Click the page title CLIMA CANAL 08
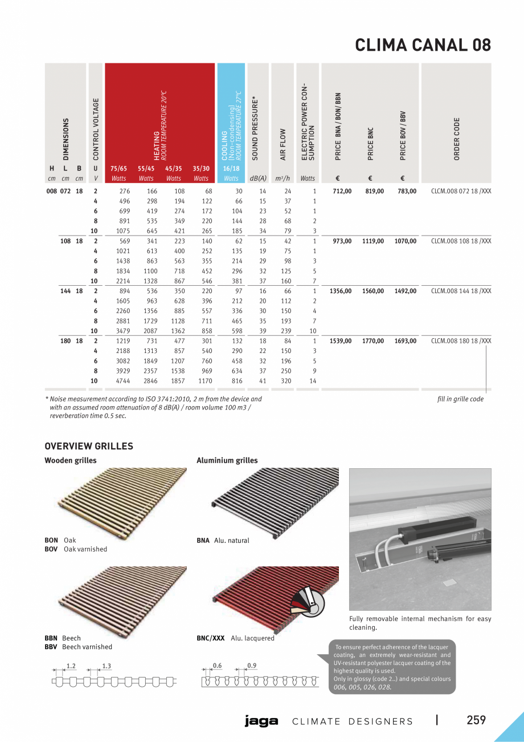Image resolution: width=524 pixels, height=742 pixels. pos(423,45)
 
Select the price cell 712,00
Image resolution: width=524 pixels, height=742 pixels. pos(342,192)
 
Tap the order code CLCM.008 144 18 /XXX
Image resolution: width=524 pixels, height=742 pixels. pos(461,291)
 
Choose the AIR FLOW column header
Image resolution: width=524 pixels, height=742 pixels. pos(283,144)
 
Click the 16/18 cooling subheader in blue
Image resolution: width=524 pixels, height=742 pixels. pos(231,169)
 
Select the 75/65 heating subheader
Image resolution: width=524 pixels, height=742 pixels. pos(118,169)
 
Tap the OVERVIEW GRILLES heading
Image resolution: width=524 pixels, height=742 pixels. pos(89,446)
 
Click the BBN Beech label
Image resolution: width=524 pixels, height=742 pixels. pos(63,638)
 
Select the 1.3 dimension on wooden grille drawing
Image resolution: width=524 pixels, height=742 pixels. pos(107,666)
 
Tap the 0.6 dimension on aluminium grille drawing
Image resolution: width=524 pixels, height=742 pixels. pos(217,666)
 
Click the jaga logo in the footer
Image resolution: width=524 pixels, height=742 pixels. pos(261,721)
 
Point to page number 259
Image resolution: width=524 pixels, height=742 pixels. pos(476,720)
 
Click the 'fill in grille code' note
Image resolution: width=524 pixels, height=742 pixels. pos(460,399)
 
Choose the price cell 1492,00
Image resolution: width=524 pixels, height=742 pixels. pos(405,291)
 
